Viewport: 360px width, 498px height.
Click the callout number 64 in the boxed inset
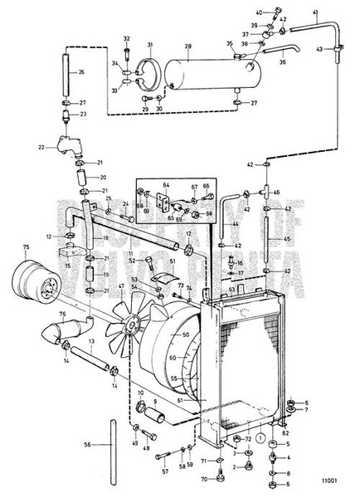click(x=165, y=187)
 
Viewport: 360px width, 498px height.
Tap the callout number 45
click(x=289, y=242)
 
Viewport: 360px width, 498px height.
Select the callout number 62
click(x=287, y=432)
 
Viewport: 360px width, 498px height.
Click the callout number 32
click(x=126, y=39)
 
